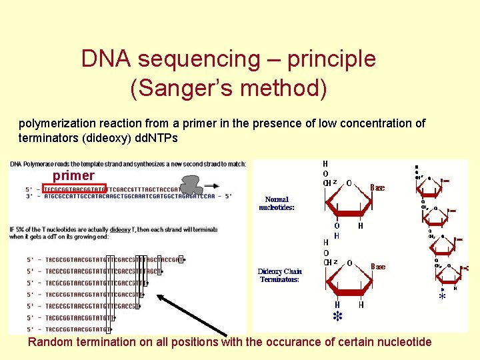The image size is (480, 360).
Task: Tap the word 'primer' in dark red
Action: (x=73, y=175)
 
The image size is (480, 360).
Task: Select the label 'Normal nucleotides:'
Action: (x=277, y=203)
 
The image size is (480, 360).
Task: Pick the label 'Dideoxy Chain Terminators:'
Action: (x=279, y=275)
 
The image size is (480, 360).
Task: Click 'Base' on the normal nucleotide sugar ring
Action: (x=377, y=188)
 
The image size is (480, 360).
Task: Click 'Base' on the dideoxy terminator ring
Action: (x=378, y=267)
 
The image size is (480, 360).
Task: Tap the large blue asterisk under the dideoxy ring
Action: (x=337, y=316)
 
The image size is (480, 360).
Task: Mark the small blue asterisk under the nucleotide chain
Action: (x=441, y=297)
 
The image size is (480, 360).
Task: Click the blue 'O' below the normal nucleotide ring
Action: (x=337, y=226)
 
